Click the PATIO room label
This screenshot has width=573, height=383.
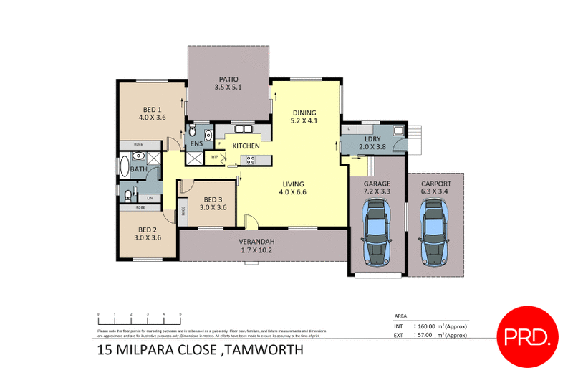click(x=228, y=79)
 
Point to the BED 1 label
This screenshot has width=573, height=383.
click(x=151, y=109)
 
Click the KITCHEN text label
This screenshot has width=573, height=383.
click(x=245, y=146)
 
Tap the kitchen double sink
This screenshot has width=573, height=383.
click(x=244, y=130)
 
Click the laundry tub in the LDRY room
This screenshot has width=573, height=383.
click(x=398, y=130)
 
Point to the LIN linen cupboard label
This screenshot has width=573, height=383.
click(x=150, y=198)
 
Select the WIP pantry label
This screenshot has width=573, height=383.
click(x=214, y=157)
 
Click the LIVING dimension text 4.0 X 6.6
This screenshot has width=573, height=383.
click(x=292, y=191)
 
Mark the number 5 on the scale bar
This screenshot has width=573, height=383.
click(x=180, y=314)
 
